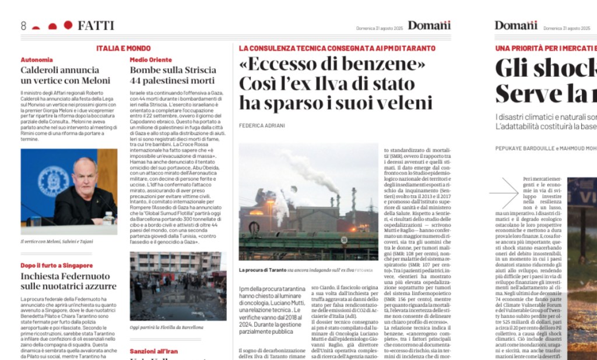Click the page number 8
point(23,26)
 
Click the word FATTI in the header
point(96,26)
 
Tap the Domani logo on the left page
point(429,26)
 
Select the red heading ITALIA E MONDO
point(124,48)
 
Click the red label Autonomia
point(37,59)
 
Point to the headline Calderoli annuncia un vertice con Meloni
point(65,75)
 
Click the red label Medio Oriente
point(151,59)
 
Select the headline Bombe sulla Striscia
point(173,70)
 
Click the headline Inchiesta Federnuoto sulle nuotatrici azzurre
point(69,281)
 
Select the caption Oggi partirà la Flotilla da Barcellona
point(166,327)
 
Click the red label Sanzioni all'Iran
point(154,351)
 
